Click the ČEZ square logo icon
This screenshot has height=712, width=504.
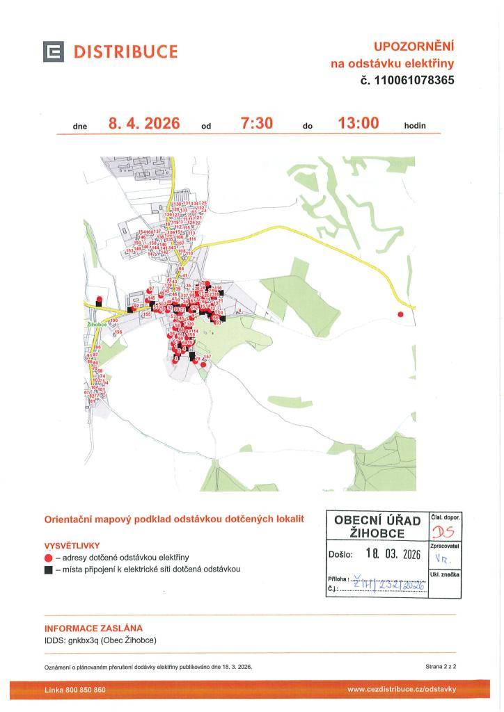(x=54, y=52)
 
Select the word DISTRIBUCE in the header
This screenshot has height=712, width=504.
(x=125, y=52)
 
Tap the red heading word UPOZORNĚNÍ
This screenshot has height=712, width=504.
(x=414, y=47)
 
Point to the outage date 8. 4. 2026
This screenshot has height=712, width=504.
(x=144, y=124)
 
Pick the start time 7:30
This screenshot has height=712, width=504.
(x=256, y=124)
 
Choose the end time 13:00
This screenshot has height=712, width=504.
(x=358, y=124)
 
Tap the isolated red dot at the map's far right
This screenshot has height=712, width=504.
(x=400, y=315)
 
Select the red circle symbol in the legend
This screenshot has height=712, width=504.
(x=49, y=558)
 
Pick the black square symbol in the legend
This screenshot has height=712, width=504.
(x=49, y=569)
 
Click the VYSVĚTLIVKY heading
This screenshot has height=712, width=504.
(x=72, y=546)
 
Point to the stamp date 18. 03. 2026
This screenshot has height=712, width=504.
(x=393, y=554)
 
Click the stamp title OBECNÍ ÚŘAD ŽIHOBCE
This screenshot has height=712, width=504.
(x=377, y=526)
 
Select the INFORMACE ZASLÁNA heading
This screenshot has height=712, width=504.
(x=93, y=628)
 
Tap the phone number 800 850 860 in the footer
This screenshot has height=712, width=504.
(x=85, y=690)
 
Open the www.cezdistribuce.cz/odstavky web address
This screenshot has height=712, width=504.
(x=402, y=690)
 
